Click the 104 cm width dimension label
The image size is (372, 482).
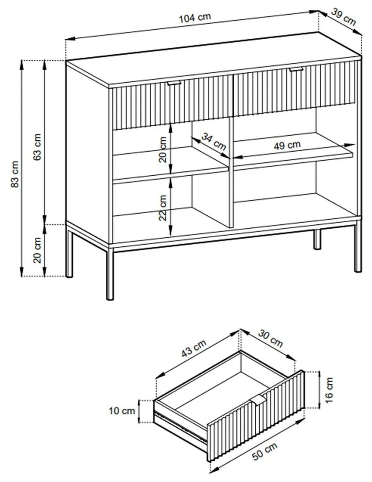195,18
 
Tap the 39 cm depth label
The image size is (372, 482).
343,17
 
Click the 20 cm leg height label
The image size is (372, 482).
38,250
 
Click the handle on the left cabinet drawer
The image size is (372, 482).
174,83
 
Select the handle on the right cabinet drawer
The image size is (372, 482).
296,70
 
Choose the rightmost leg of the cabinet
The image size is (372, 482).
358,250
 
